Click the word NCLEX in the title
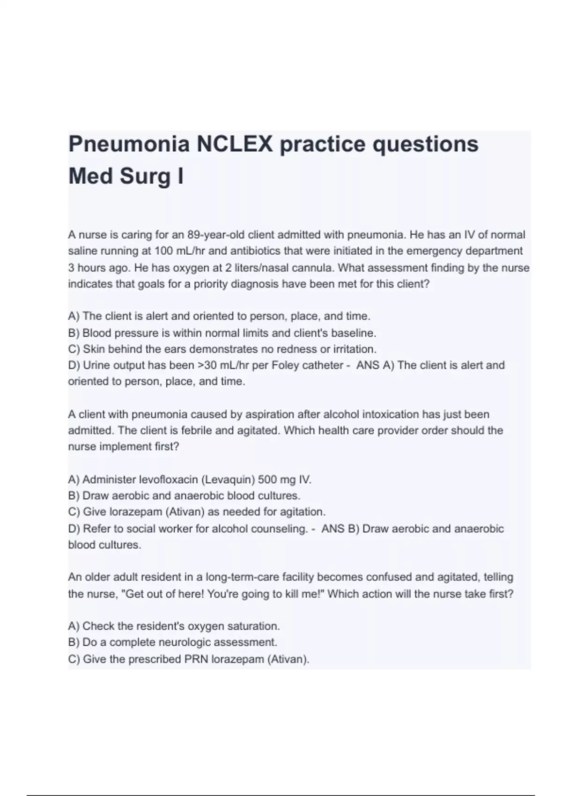(234, 144)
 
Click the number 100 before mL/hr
(164, 251)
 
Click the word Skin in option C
(93, 349)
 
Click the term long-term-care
(240, 577)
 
